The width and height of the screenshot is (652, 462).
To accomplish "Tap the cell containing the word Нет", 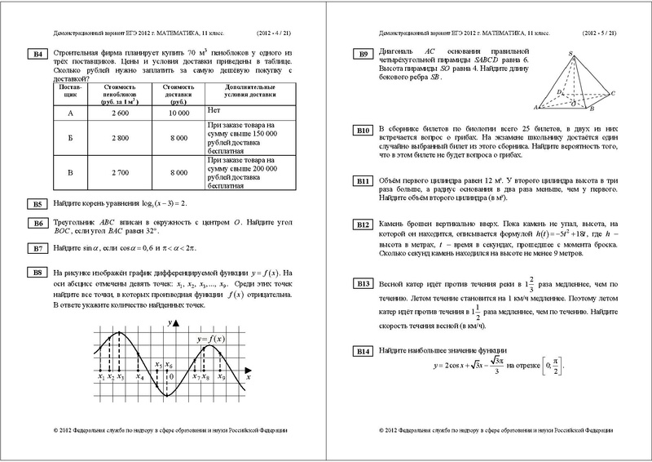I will tap(215, 108).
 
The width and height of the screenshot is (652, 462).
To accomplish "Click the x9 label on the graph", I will tap(221, 377).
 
